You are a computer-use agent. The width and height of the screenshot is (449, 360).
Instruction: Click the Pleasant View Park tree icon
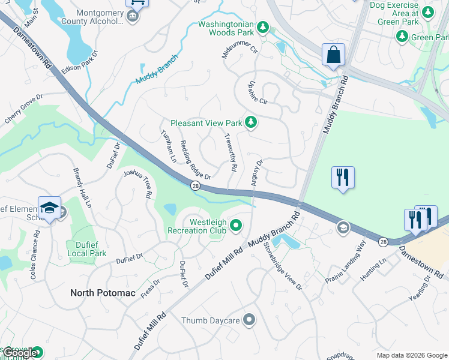click(252, 123)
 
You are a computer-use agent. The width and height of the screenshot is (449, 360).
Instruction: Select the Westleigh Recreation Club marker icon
click(236, 226)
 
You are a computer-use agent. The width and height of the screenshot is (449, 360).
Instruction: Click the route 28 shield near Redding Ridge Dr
click(196, 187)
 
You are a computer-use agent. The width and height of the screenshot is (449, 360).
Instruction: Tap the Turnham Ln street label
click(168, 146)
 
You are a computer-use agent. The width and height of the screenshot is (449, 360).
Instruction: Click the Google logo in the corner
click(20, 353)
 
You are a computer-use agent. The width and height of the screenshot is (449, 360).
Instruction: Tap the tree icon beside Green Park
click(402, 37)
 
